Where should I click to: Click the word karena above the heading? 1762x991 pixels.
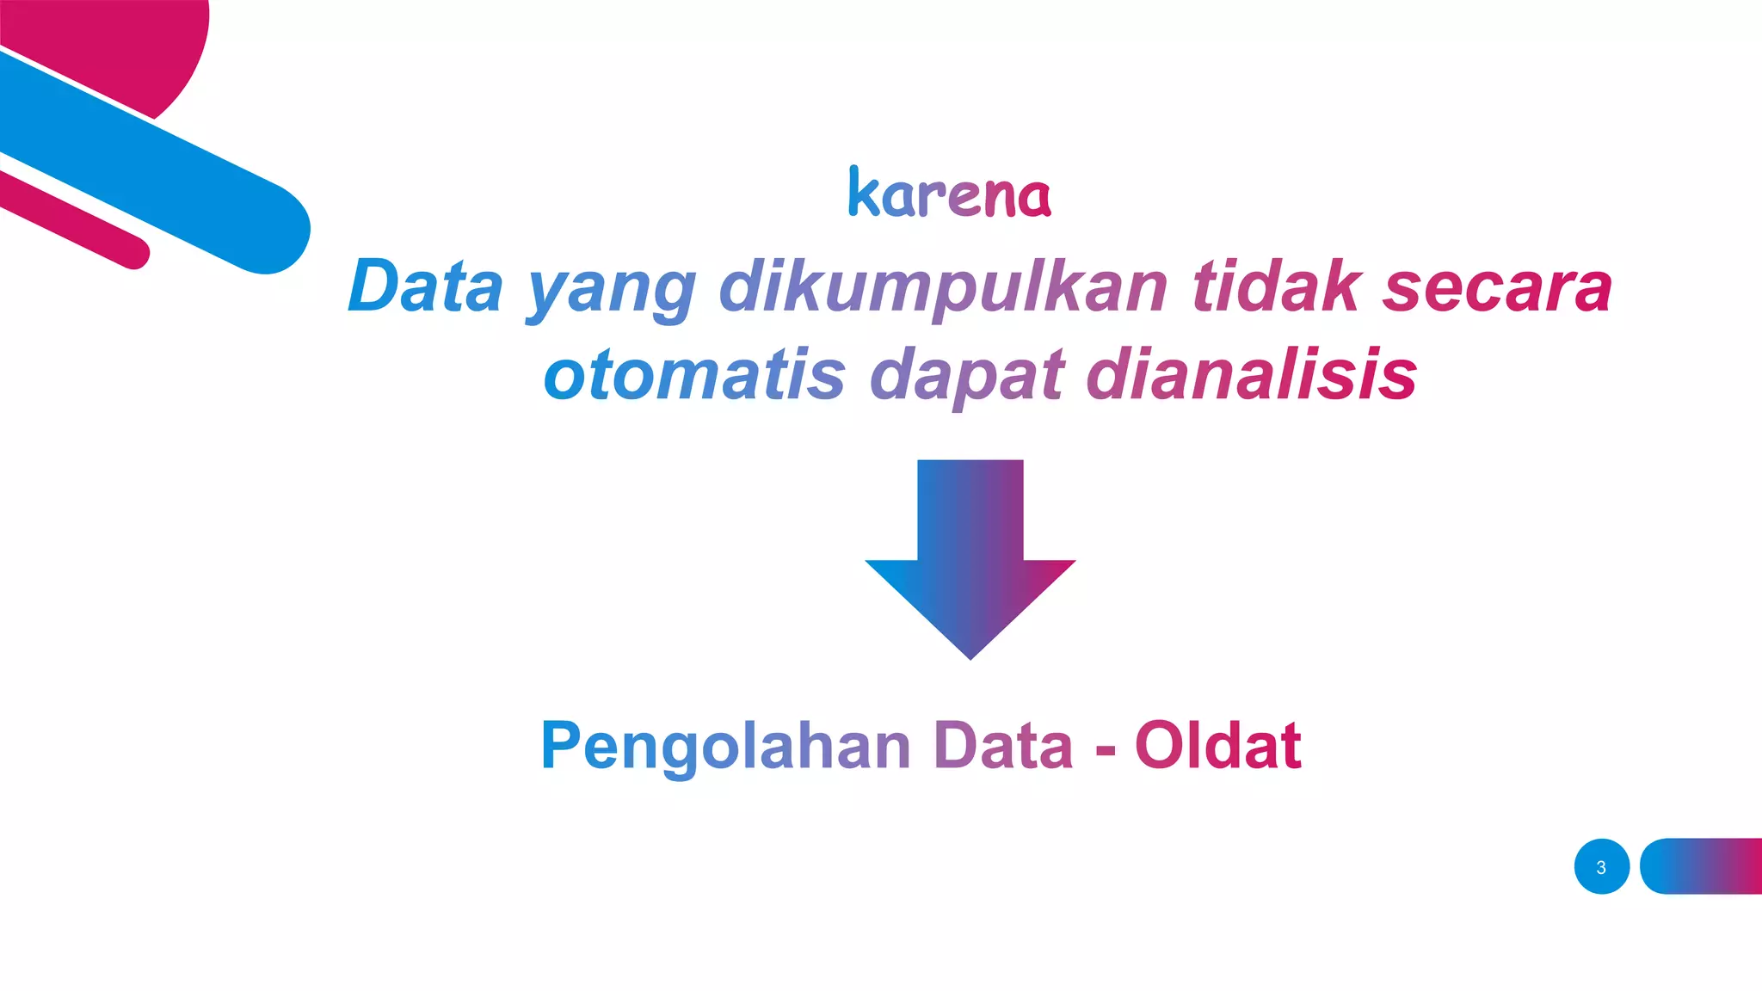pyautogui.click(x=949, y=193)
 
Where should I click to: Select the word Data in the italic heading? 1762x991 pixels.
pyautogui.click(x=425, y=286)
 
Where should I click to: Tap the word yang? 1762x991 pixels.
pyautogui.click(x=612, y=291)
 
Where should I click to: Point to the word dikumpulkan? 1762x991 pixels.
pyautogui.click(x=943, y=289)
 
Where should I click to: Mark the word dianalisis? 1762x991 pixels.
pyautogui.click(x=1252, y=375)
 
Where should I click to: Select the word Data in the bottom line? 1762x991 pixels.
pyautogui.click(x=1003, y=745)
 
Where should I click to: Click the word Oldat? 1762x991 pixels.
pyautogui.click(x=1217, y=745)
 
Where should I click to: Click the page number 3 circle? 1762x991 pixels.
pyautogui.click(x=1601, y=866)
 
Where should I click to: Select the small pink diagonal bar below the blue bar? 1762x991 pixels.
pyautogui.click(x=73, y=219)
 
